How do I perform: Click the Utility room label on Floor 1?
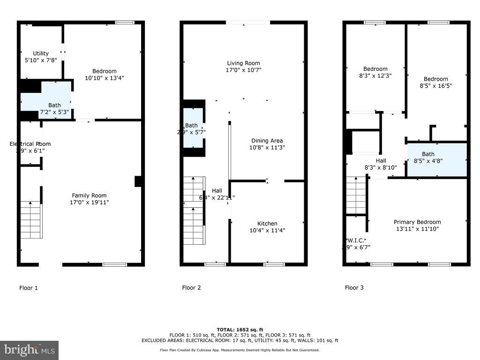(x=40, y=53)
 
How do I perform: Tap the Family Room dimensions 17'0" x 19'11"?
(x=89, y=202)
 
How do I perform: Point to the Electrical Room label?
(x=30, y=144)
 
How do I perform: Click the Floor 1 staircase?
(x=31, y=219)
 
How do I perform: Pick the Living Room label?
(x=243, y=63)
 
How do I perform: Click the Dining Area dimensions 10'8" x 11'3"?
(x=267, y=147)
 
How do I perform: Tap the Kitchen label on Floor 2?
(x=267, y=224)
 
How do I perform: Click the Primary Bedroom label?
(x=417, y=222)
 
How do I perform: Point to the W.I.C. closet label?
(x=356, y=240)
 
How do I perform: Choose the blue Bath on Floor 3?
(x=436, y=160)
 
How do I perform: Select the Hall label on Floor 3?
(x=381, y=161)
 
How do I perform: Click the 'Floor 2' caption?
(x=191, y=288)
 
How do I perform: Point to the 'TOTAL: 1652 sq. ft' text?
(x=240, y=330)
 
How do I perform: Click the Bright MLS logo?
(x=29, y=350)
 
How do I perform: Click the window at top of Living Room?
(x=247, y=22)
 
